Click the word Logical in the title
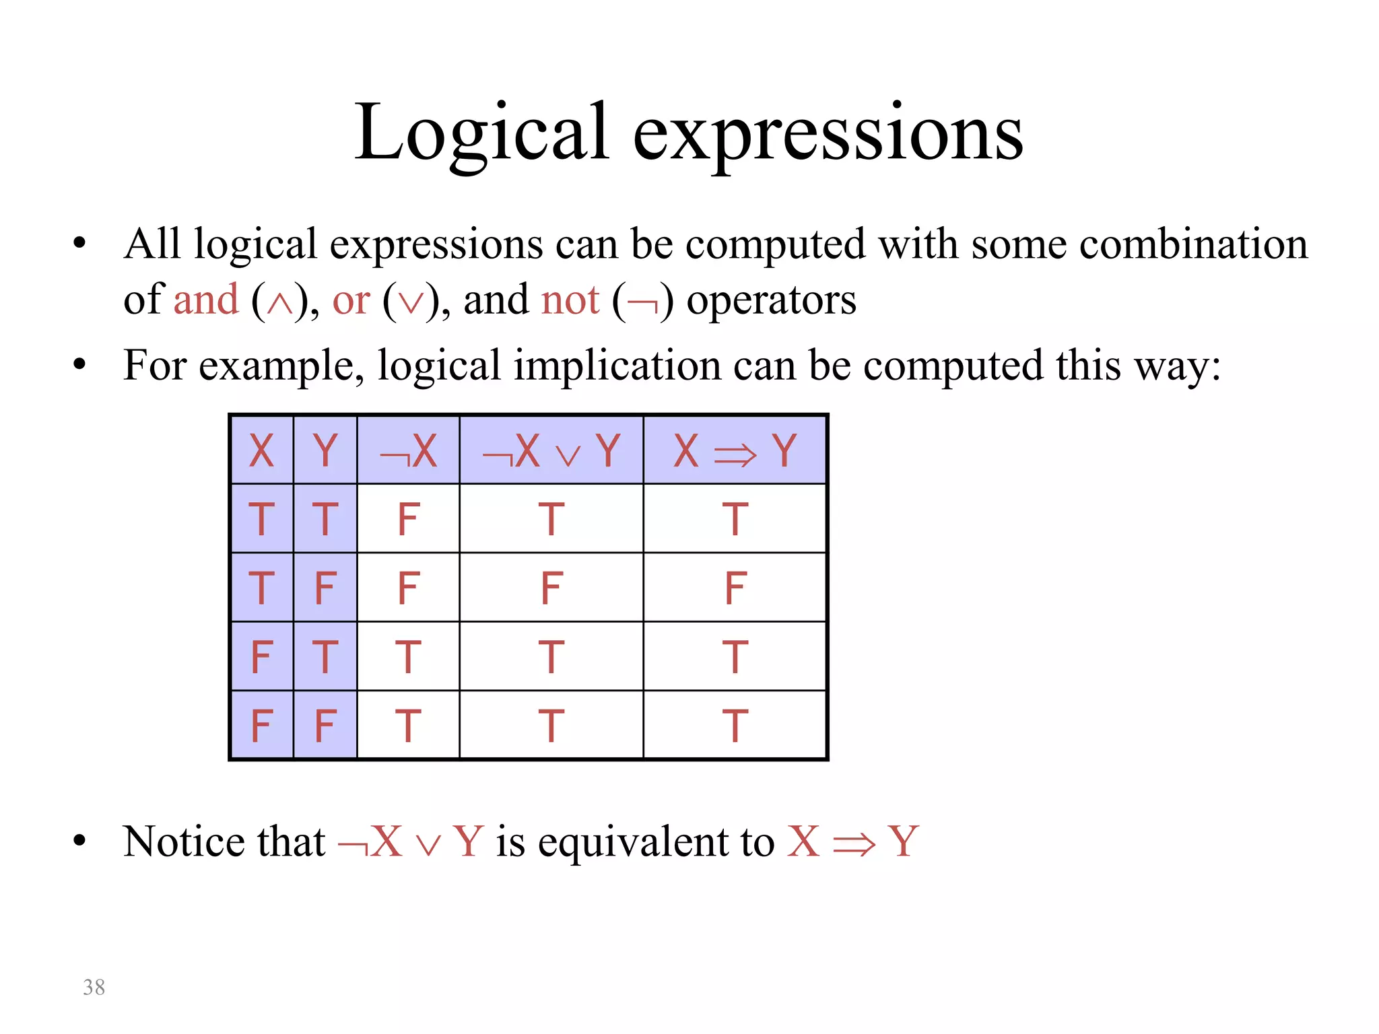482,133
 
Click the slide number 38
94,987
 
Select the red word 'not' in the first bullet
570,300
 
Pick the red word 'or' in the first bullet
351,300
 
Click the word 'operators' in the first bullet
771,300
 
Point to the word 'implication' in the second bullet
615,366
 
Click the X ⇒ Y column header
735,450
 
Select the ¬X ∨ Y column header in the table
551,450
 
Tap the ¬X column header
408,450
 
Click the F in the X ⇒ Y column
735,588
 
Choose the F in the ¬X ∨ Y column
551,588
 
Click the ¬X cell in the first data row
408,519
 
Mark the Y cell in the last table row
325,726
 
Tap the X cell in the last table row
261,726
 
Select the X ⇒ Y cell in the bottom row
735,726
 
